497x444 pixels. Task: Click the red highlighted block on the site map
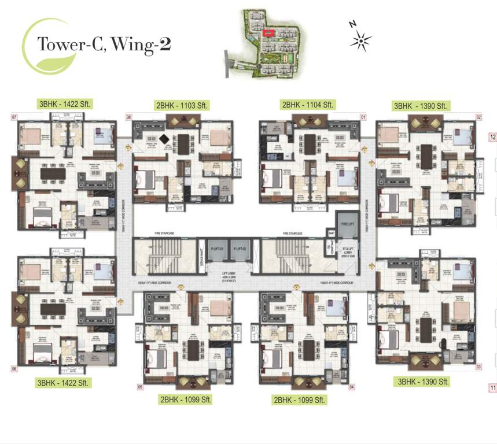pyautogui.click(x=268, y=34)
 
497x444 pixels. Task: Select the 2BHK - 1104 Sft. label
pyautogui.click(x=307, y=105)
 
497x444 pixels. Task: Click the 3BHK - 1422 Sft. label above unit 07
pyautogui.click(x=65, y=104)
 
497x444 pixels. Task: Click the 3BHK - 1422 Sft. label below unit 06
pyautogui.click(x=65, y=383)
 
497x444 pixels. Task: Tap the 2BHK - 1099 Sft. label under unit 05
pyautogui.click(x=183, y=399)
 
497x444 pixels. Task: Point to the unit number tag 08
pyautogui.click(x=129, y=117)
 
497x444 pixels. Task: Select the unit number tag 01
pyautogui.click(x=363, y=117)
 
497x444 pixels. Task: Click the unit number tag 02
pyautogui.click(x=478, y=117)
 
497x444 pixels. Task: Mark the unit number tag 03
pyautogui.click(x=478, y=367)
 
